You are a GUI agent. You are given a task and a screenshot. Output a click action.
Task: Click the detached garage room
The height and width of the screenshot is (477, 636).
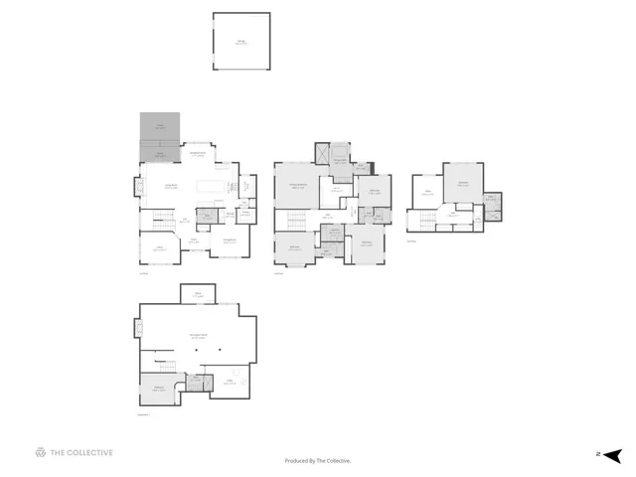pos(240,41)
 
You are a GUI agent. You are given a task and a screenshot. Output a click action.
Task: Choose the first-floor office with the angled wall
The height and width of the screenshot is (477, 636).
pos(158,248)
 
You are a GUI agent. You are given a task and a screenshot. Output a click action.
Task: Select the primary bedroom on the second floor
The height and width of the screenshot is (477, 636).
pos(297,186)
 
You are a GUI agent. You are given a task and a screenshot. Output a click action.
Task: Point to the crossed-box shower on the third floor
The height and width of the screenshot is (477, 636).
pos(491,198)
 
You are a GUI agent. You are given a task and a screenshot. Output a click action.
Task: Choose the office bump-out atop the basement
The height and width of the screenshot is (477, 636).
pos(199,293)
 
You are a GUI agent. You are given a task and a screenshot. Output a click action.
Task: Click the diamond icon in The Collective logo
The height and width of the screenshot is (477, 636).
pos(41,453)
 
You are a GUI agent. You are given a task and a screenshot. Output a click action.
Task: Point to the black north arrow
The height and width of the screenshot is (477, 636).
pos(613,454)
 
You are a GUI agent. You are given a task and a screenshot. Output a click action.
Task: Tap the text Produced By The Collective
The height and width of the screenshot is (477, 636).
pos(318,460)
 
